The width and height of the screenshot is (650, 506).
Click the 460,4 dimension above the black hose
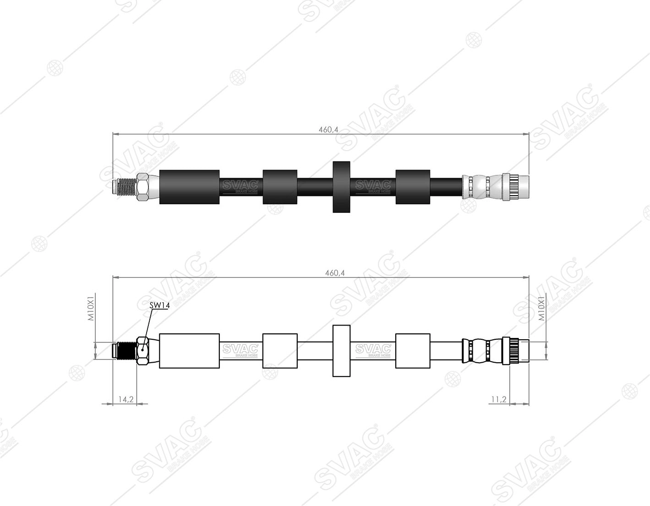coord(328,130)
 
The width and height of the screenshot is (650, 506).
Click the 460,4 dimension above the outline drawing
coord(335,273)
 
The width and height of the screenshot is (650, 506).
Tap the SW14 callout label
coord(160,305)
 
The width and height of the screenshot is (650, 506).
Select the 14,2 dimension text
coord(126,399)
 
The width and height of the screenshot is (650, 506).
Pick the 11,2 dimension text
coord(499,399)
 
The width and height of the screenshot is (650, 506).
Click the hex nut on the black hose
coord(142,187)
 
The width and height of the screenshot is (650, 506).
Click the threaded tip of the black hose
coord(124,187)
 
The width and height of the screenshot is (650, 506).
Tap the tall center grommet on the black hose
coord(341,187)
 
